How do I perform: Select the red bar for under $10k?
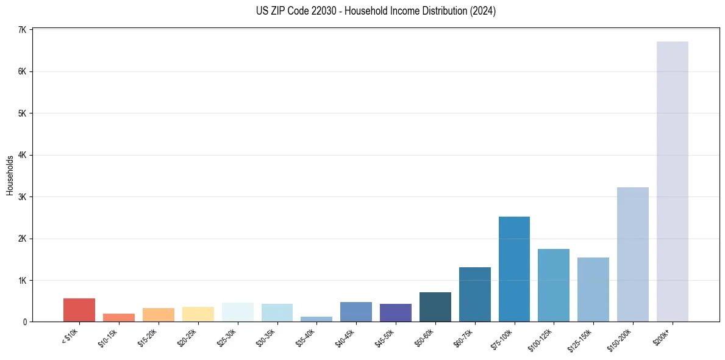point(79,310)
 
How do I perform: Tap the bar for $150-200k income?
point(632,254)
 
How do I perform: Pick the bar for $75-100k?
point(514,269)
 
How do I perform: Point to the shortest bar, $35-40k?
point(316,319)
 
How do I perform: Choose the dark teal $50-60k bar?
point(435,307)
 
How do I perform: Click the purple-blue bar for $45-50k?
point(395,312)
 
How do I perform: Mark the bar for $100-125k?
point(554,285)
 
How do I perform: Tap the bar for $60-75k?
point(474,294)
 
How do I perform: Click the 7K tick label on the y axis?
point(22,30)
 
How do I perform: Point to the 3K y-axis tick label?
point(22,197)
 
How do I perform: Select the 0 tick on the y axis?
point(24,322)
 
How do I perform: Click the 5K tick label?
point(22,113)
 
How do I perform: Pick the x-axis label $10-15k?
point(108,337)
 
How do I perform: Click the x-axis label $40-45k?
point(345,337)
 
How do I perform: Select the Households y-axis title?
point(10,176)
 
